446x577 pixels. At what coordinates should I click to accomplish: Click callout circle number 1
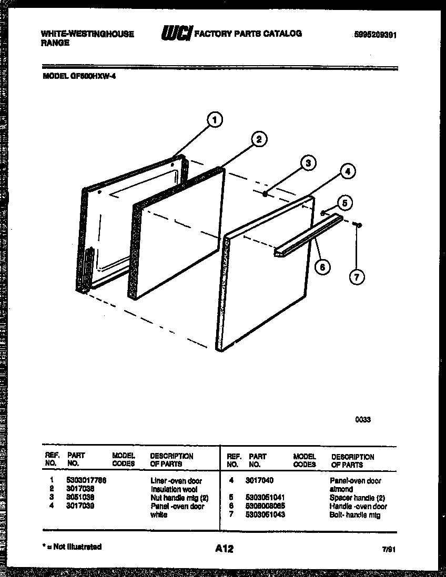214,120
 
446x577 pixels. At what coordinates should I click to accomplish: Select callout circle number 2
258,139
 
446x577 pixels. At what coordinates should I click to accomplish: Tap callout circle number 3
308,163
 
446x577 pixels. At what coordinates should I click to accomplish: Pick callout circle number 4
347,171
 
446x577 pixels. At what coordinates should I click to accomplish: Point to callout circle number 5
344,203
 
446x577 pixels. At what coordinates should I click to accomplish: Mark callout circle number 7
357,277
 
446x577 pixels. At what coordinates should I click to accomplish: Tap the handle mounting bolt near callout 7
358,225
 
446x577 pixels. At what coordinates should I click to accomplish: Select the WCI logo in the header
176,34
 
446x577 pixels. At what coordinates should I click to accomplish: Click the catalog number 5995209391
375,36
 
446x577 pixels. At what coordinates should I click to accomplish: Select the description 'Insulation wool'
174,489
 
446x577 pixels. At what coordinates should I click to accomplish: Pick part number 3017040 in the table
259,480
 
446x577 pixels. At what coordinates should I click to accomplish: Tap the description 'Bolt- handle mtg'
354,514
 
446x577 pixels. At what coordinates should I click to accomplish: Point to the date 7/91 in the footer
389,549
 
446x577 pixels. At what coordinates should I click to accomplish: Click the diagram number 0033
363,419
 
